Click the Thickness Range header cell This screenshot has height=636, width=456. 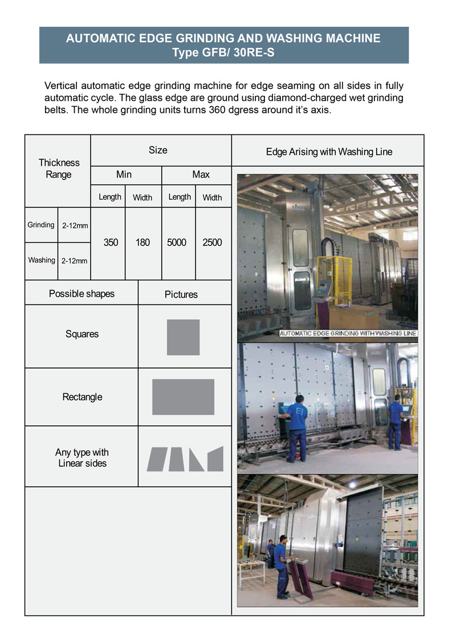[58, 169]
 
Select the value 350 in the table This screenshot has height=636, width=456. [111, 243]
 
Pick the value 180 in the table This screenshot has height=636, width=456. [142, 243]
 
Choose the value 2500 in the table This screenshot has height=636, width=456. [212, 243]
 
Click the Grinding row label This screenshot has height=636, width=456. [41, 225]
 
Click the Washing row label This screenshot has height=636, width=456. [42, 260]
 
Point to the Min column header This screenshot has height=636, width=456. [124, 175]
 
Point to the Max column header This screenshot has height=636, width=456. [201, 175]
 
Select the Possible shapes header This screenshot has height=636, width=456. [82, 294]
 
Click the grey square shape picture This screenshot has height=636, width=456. [183, 337]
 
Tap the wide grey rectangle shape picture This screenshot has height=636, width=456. [183, 397]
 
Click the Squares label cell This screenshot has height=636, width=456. [82, 335]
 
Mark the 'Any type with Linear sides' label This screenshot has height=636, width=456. [82, 458]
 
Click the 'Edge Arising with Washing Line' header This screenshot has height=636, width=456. [329, 152]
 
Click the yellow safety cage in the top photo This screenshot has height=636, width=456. [336, 279]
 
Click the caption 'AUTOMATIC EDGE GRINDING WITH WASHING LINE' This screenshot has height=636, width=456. [347, 333]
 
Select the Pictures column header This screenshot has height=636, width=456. [181, 295]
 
